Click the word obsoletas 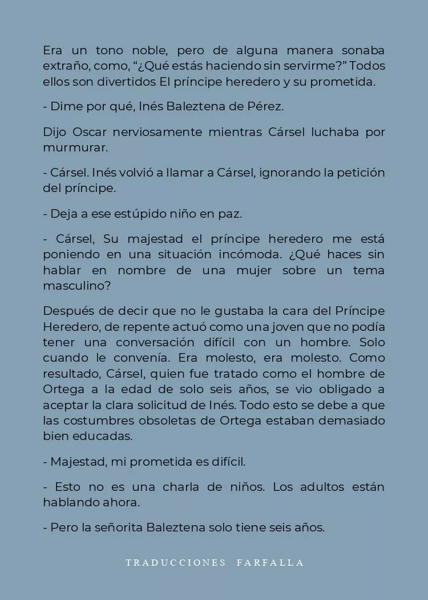click(196, 421)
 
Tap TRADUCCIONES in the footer click(176, 563)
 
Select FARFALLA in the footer click(270, 563)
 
